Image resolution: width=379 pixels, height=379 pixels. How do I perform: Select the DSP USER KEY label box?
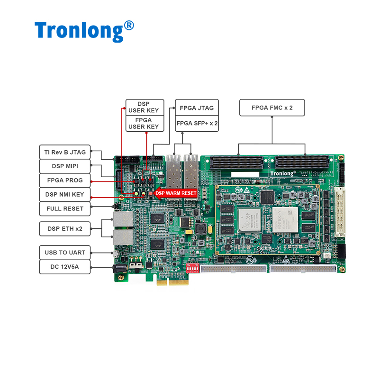tap(144, 107)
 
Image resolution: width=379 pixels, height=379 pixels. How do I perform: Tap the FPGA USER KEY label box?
tap(144, 123)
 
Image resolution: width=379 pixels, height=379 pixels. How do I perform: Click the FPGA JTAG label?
tap(197, 108)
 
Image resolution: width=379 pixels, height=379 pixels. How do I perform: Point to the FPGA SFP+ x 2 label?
tap(197, 123)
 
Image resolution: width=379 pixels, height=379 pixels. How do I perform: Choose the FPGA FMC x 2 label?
tap(272, 108)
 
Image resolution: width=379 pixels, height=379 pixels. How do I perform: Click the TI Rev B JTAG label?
tap(64, 152)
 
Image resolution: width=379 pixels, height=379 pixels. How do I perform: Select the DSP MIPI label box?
tap(64, 166)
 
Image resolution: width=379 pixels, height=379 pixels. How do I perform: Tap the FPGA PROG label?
tap(64, 180)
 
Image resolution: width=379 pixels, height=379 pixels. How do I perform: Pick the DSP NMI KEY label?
tap(64, 195)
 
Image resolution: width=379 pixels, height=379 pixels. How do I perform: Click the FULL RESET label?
tap(64, 209)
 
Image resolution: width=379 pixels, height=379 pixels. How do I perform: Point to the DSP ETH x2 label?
tap(64, 229)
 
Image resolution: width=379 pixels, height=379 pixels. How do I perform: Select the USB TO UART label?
tap(64, 253)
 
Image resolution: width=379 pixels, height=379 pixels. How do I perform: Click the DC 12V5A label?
tap(64, 267)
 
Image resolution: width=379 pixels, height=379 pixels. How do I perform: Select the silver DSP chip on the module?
tap(249, 219)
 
